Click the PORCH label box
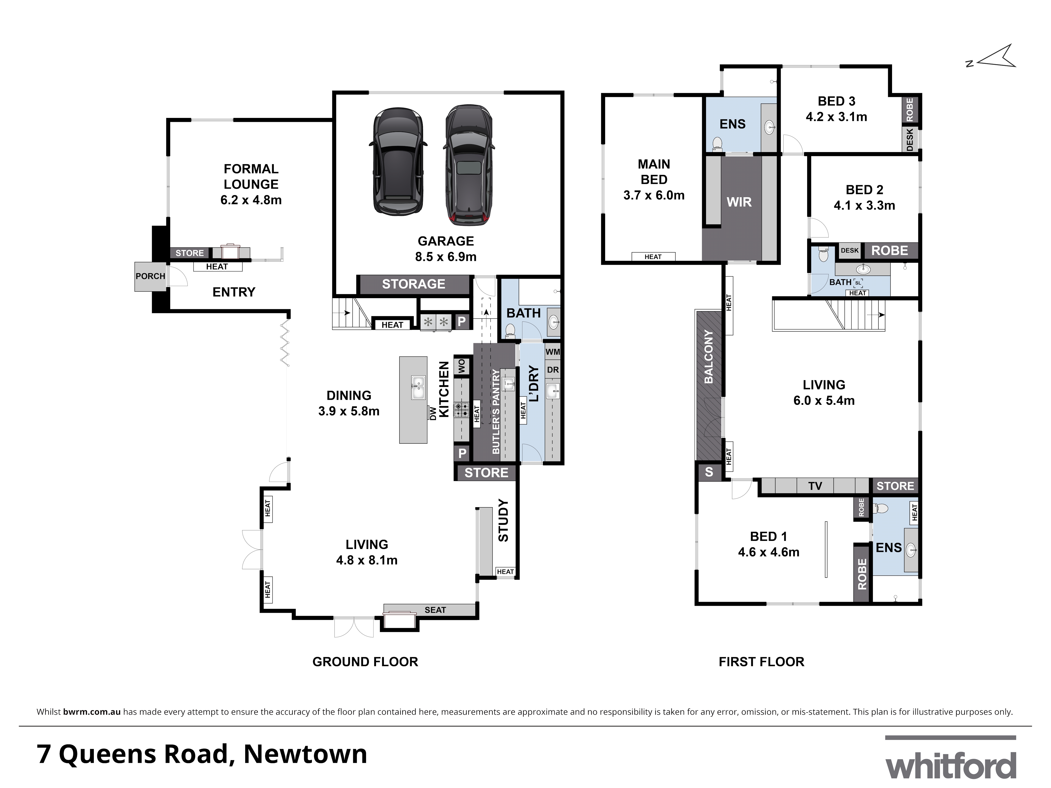pyautogui.click(x=150, y=276)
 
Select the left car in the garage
pyautogui.click(x=398, y=160)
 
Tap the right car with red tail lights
pyautogui.click(x=468, y=164)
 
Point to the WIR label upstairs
pyautogui.click(x=739, y=202)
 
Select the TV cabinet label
pyautogui.click(x=815, y=486)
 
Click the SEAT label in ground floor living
pyautogui.click(x=435, y=610)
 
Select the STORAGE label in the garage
pyautogui.click(x=413, y=284)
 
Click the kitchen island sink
pyautogui.click(x=418, y=387)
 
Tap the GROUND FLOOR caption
pyautogui.click(x=365, y=662)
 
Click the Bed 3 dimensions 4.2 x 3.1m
pyautogui.click(x=836, y=117)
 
